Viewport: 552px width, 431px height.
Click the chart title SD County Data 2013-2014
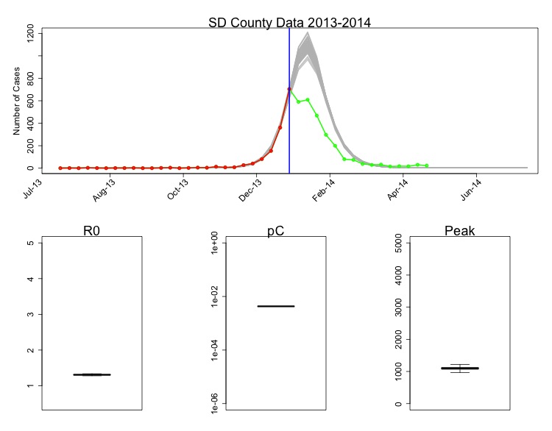tap(289, 22)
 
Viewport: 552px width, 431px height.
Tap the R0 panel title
tap(92, 231)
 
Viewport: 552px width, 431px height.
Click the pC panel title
tap(276, 231)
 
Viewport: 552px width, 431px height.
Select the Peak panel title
tap(460, 231)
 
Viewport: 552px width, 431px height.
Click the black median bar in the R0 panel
tap(92, 374)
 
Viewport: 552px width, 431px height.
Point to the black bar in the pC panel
tap(276, 306)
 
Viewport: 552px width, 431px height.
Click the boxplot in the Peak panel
tap(460, 368)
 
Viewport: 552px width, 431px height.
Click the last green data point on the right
tap(427, 166)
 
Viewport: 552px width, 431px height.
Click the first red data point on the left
tap(60, 168)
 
